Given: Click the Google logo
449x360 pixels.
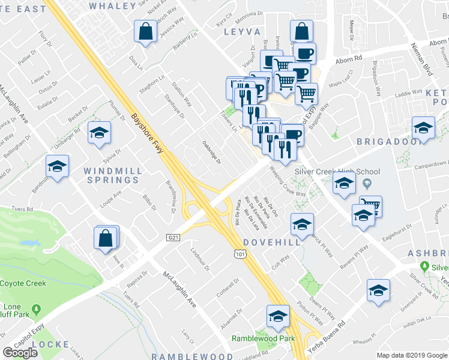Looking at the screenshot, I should (x=20, y=352).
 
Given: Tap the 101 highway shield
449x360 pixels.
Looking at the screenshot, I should (x=241, y=255).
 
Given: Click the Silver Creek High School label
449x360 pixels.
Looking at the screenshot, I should (x=337, y=171).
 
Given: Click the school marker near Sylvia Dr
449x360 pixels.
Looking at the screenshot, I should (x=100, y=133).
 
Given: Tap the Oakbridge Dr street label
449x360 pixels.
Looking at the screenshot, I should (x=211, y=153).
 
